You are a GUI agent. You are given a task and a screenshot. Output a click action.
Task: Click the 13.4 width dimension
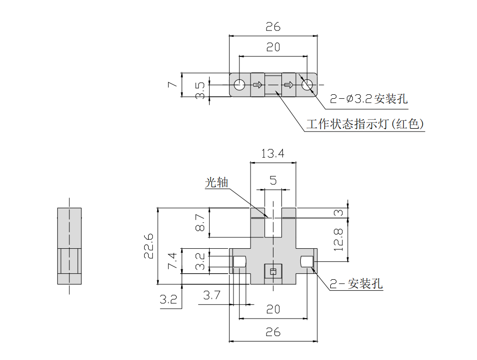click(x=273, y=154)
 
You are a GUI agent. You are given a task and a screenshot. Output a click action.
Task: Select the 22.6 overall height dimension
click(x=148, y=246)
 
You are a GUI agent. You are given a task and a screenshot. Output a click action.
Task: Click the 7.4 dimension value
click(x=172, y=261)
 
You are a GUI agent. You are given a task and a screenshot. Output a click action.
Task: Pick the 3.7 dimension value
click(x=212, y=296)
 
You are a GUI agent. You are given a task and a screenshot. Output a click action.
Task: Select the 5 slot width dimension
click(x=273, y=180)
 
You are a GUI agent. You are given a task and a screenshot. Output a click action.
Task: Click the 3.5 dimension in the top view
click(x=200, y=88)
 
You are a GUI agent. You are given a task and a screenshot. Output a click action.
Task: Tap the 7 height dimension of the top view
click(x=172, y=85)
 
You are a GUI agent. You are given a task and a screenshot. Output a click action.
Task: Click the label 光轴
click(x=217, y=183)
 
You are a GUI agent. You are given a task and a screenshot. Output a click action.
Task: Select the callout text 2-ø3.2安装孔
click(x=369, y=99)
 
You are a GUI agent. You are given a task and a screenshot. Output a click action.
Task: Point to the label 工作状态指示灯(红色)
click(x=365, y=124)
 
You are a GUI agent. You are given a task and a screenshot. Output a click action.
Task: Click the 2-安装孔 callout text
click(x=356, y=284)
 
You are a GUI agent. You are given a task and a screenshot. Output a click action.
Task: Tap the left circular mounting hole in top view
click(x=239, y=85)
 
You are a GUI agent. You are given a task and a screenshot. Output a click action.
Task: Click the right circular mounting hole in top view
click(x=307, y=85)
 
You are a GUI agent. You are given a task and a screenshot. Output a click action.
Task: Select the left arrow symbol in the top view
click(x=257, y=85)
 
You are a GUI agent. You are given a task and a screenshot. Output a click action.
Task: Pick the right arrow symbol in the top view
click(x=288, y=85)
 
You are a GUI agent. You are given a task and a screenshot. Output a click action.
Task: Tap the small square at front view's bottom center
click(x=272, y=272)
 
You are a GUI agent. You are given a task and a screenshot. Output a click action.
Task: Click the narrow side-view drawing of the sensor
click(x=69, y=246)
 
